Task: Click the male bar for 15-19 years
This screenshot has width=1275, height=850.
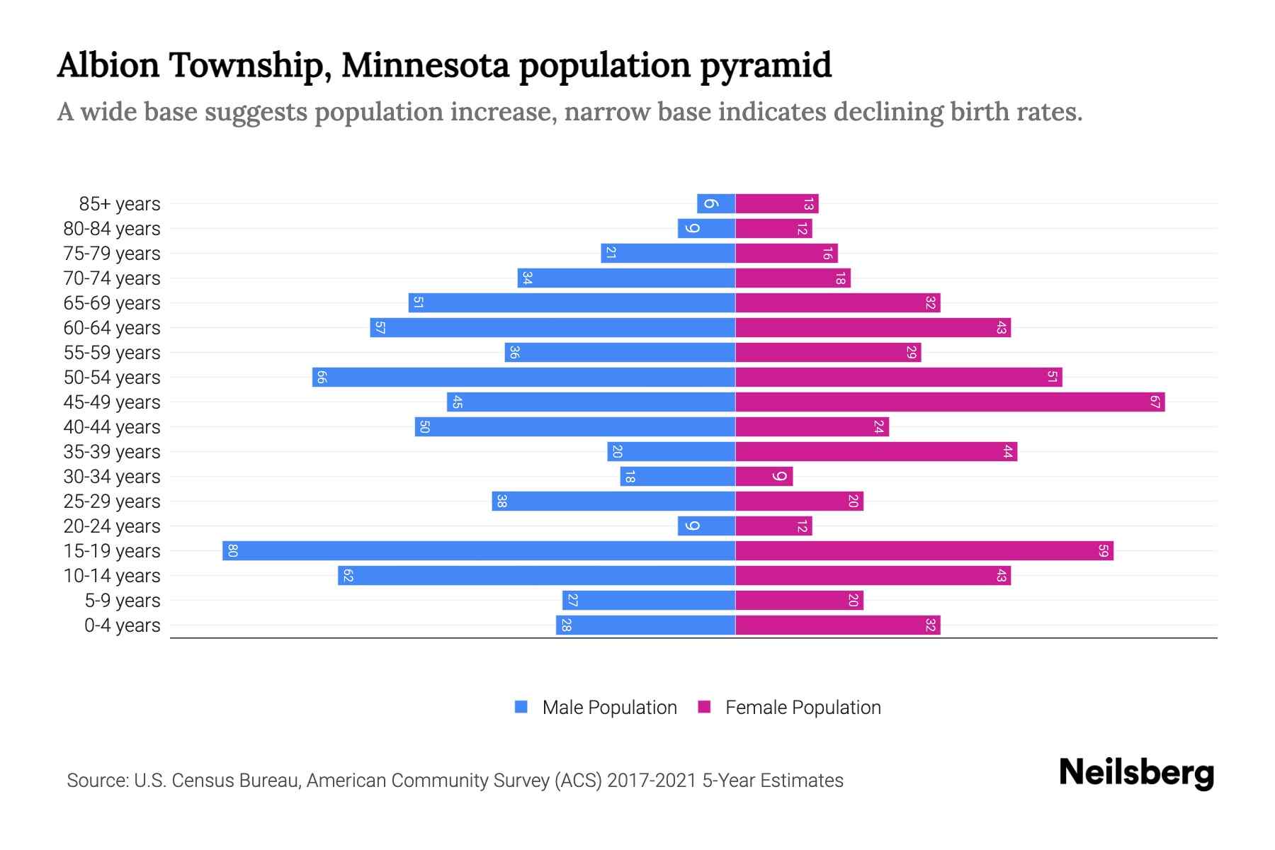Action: [x=479, y=550]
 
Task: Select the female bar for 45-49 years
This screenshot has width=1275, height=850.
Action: [x=950, y=402]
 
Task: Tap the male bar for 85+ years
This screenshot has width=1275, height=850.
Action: [x=716, y=203]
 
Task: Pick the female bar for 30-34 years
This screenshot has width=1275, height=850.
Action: [x=764, y=476]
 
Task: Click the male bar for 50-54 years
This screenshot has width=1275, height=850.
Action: [x=523, y=377]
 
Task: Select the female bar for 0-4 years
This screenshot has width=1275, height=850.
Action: [x=837, y=625]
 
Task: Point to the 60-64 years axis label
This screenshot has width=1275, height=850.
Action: [x=112, y=328]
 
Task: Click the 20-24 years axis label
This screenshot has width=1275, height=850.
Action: [x=112, y=526]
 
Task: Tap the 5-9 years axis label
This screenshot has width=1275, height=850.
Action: [x=123, y=601]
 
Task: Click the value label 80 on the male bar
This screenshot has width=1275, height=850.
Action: [x=232, y=550]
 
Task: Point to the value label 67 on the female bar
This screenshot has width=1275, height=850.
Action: [x=1155, y=402]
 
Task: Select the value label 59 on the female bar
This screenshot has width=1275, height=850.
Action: [x=1103, y=550]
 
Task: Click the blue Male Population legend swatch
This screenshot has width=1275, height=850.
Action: [x=521, y=707]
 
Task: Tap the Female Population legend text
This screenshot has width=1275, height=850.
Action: [x=803, y=707]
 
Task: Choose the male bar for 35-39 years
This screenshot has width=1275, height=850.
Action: [x=671, y=451]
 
